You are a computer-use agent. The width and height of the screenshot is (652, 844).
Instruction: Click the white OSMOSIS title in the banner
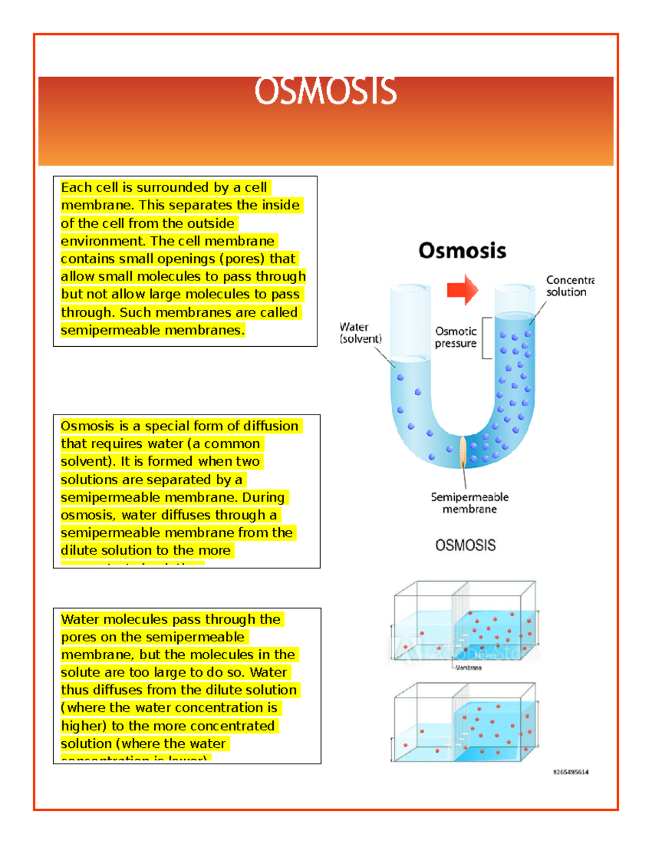tap(325, 91)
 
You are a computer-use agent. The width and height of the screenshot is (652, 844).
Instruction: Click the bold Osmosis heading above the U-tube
tap(462, 251)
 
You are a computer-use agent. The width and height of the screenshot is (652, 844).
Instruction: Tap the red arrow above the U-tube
tap(462, 290)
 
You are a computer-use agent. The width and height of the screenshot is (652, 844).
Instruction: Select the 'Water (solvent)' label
tap(360, 333)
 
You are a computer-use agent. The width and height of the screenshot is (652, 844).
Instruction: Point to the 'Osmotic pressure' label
tap(456, 337)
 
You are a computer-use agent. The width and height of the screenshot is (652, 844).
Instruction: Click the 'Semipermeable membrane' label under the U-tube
tap(469, 503)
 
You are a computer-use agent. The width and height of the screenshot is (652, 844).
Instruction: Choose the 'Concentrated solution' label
tap(569, 286)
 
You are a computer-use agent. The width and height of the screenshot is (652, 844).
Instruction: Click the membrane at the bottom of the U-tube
tap(463, 452)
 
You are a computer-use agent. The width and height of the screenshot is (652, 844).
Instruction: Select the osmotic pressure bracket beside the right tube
tap(487, 338)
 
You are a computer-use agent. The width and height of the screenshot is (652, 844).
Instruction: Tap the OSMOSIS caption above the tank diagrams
tap(465, 545)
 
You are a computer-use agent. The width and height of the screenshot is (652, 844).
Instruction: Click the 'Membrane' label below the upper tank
tap(468, 667)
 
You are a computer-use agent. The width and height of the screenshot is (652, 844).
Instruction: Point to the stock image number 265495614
tap(570, 772)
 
